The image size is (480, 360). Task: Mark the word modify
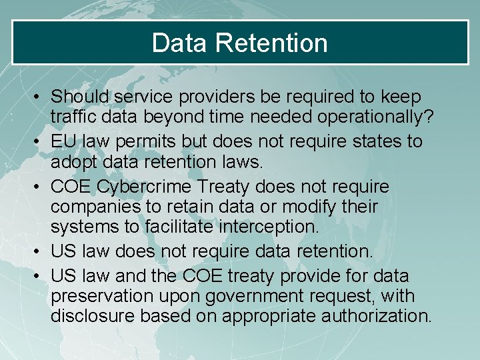coord(309,207)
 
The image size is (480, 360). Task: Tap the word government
coord(239,295)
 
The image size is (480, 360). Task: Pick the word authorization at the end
coord(376,315)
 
